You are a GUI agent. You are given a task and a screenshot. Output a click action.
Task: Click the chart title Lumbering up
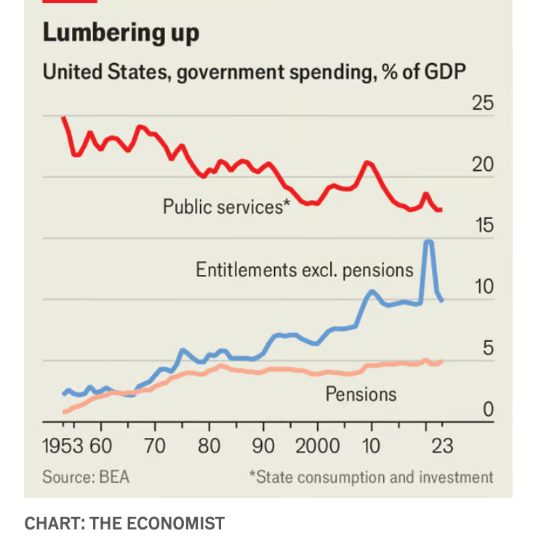[x=121, y=33]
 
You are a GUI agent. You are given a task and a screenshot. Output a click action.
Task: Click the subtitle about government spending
[x=254, y=73]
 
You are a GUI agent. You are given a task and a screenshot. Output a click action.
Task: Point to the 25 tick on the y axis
[x=483, y=103]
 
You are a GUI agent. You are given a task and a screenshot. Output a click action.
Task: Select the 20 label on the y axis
[x=483, y=165]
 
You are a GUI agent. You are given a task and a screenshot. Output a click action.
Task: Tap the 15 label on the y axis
[x=483, y=226]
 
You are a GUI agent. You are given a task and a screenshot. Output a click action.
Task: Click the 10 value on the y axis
[x=483, y=287]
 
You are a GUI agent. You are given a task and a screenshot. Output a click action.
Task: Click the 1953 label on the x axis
[x=63, y=445]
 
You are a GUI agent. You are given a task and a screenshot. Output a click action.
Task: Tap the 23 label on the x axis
[x=441, y=445]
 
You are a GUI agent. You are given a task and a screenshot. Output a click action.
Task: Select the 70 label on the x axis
[x=155, y=445]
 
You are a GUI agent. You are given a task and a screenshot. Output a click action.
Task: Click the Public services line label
[x=226, y=207]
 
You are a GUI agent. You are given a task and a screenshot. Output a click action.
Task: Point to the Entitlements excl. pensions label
[x=304, y=270]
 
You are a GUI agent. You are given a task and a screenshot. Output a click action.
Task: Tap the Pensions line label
[x=361, y=394]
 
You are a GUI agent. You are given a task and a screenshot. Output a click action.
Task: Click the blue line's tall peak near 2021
[x=429, y=241]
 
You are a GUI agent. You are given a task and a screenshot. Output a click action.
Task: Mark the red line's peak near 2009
[x=368, y=162]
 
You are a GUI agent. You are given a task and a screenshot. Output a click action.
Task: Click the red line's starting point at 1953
[x=63, y=117]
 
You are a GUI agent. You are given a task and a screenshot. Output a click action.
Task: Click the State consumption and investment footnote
[x=371, y=477]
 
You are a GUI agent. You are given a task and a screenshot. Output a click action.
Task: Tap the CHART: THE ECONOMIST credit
[x=124, y=523]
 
